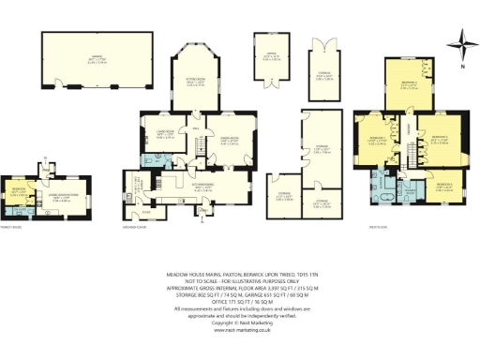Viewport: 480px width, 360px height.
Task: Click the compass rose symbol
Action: [x=459, y=40]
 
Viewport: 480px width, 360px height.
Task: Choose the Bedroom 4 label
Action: [x=446, y=185]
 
